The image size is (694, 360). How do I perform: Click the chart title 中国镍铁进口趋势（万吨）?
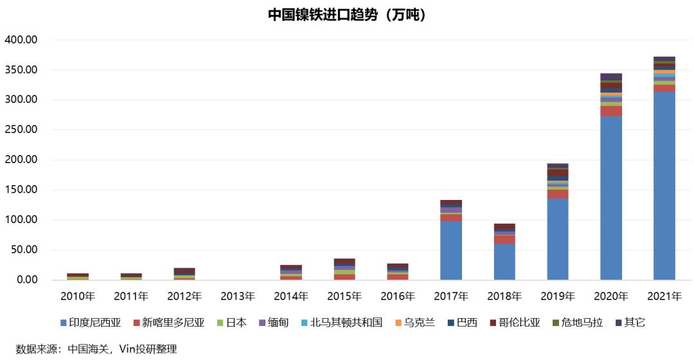pos(347,14)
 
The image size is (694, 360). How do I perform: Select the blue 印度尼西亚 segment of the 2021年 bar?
pos(664,186)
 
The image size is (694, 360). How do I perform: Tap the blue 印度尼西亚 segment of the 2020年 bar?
pos(610,199)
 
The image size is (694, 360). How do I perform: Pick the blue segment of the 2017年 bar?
pos(451,251)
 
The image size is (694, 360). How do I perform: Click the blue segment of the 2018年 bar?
pos(504,262)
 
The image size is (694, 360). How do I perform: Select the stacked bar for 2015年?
pos(344,269)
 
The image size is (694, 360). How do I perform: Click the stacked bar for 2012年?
pos(184,274)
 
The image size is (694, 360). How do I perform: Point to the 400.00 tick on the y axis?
pos(21,40)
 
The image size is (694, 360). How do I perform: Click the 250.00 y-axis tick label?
pos(21,130)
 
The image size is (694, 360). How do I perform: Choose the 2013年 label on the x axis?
pos(238,296)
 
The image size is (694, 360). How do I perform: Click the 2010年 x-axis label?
pos(78,296)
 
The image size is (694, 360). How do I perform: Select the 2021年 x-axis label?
pos(664,296)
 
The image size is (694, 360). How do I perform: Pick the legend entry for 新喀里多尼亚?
pos(169,323)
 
